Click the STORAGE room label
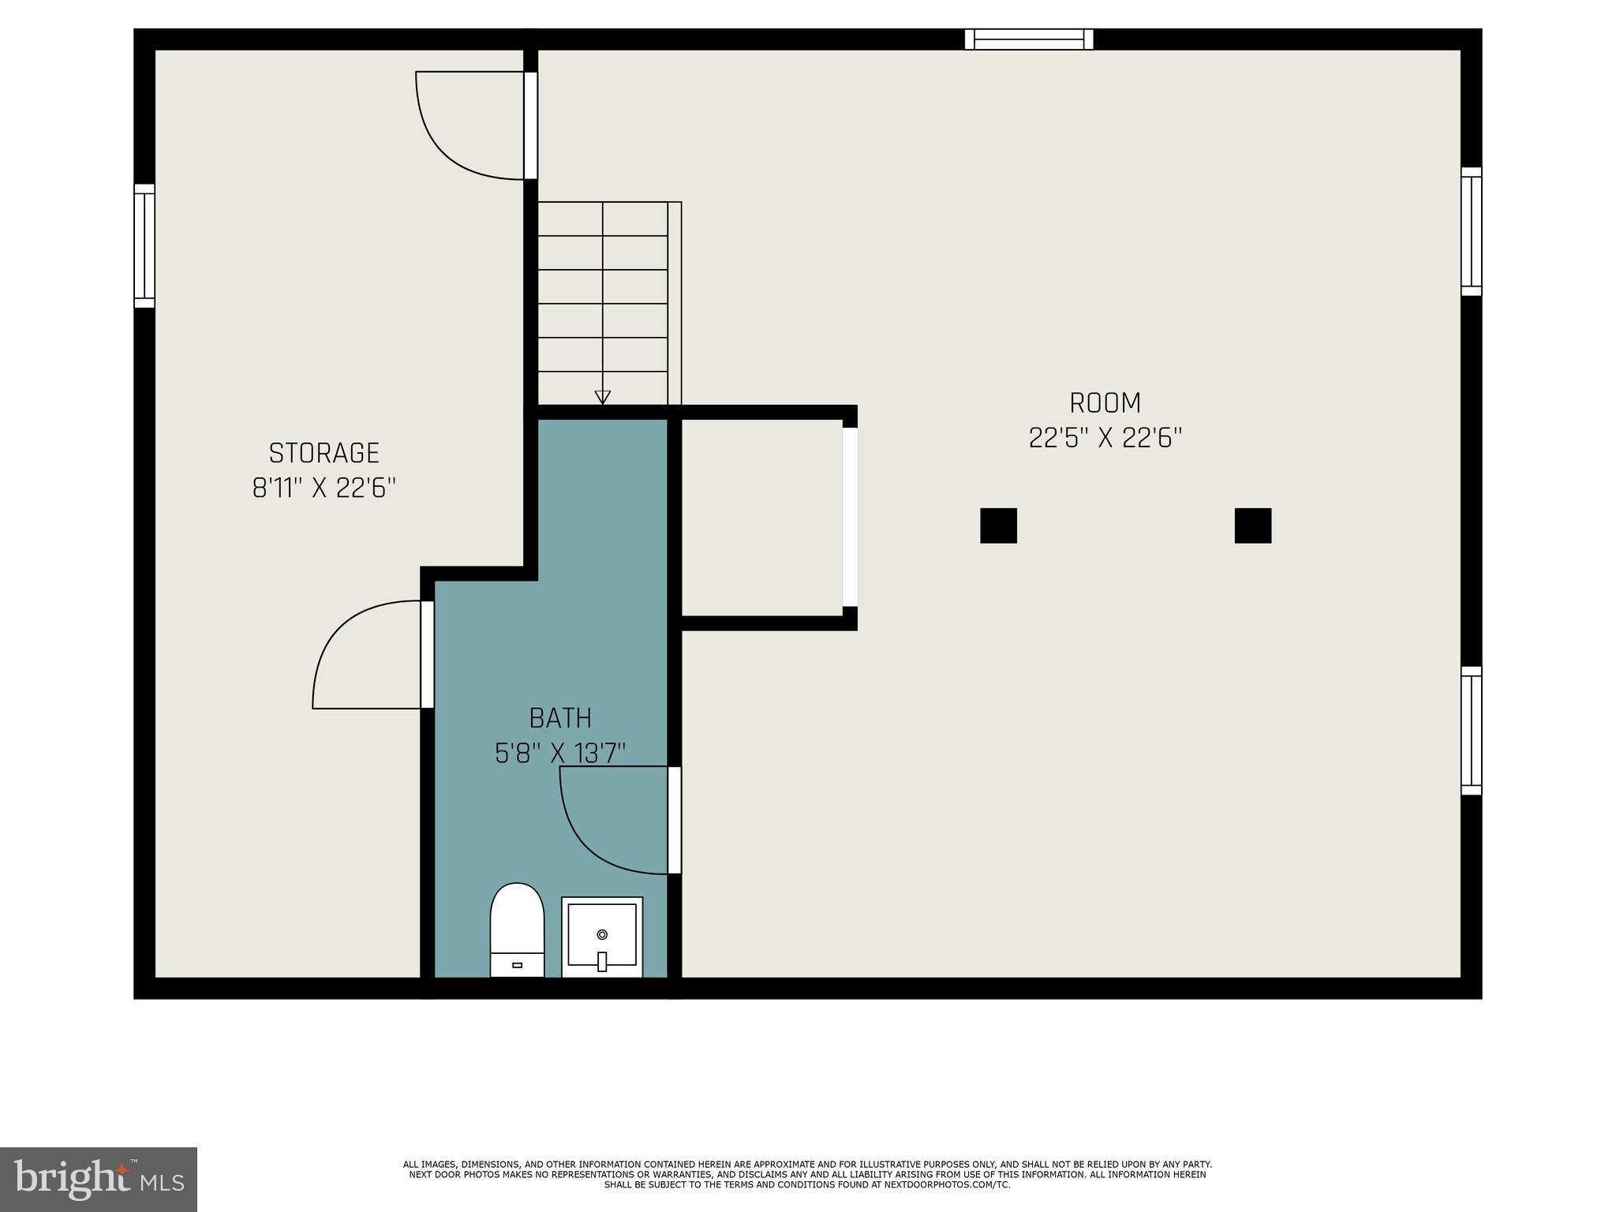click(324, 453)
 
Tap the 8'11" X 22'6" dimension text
click(324, 488)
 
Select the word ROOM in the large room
click(1105, 403)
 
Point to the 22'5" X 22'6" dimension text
click(1105, 437)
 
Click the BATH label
click(560, 718)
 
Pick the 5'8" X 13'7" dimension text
click(560, 754)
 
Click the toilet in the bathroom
click(517, 930)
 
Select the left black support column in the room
click(998, 526)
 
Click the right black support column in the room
click(1252, 526)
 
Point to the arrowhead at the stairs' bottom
click(602, 397)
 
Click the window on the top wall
click(1029, 39)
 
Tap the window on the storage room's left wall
click(144, 245)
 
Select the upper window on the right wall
click(1471, 231)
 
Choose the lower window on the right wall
click(1471, 731)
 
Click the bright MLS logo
click(98, 1180)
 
